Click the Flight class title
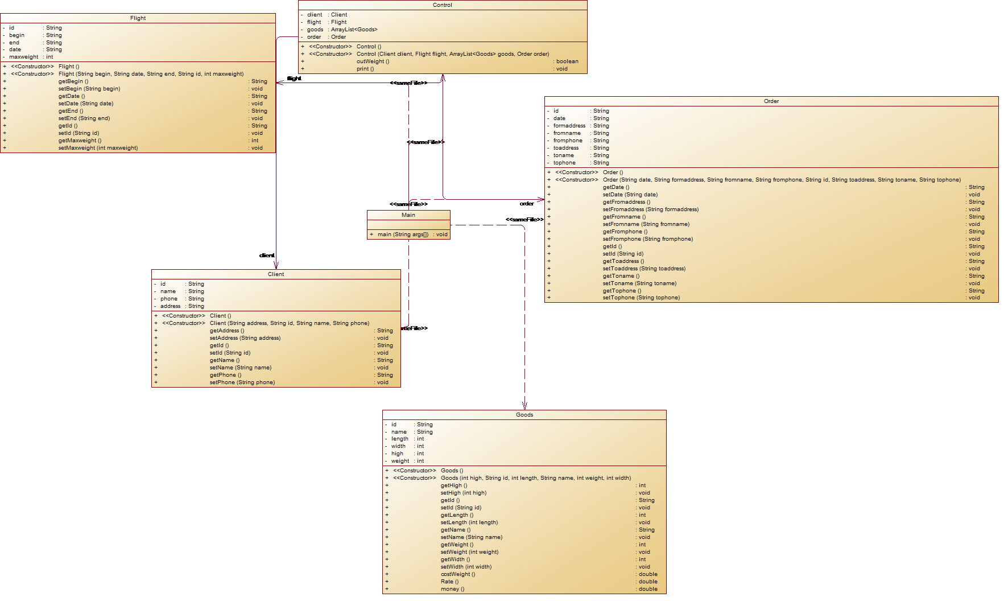pos(138,18)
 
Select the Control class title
pos(443,5)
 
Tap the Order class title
pos(771,101)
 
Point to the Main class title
pos(408,215)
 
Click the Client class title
pos(276,274)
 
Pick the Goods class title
pos(524,415)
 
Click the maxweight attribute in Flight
pos(24,57)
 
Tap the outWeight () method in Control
pos(373,61)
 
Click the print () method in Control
pos(365,69)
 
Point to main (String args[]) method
pos(403,234)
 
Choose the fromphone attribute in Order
pos(568,141)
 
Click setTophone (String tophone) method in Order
pos(641,298)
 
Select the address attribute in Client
pos(170,306)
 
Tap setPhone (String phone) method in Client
pos(242,382)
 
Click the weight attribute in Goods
pos(400,461)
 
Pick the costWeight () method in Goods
pos(457,574)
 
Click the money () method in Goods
pos(452,589)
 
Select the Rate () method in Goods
pos(449,582)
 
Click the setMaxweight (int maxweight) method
pos(98,148)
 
